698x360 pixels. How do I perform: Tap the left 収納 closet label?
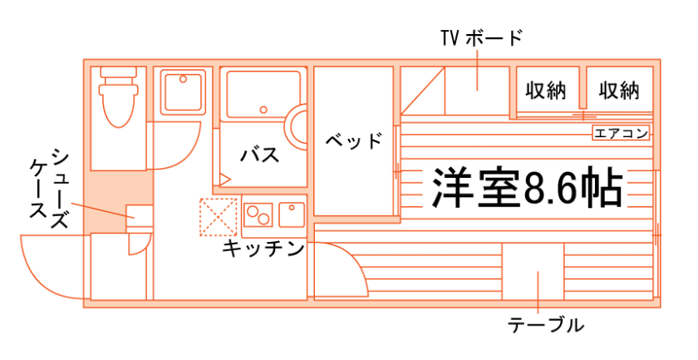545,90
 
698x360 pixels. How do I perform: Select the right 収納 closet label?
619,90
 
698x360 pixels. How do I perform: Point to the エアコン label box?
620,133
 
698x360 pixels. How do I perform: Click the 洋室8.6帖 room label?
526,188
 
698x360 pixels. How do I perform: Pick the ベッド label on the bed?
354,140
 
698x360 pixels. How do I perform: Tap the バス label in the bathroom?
259,155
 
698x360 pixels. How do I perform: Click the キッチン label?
263,249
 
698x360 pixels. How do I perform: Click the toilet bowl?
116,104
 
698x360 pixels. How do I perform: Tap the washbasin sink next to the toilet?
184,91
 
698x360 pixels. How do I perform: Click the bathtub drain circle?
263,109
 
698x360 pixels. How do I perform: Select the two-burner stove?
258,214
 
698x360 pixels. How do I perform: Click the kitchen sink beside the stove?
292,214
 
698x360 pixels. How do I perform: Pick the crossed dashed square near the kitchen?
218,216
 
